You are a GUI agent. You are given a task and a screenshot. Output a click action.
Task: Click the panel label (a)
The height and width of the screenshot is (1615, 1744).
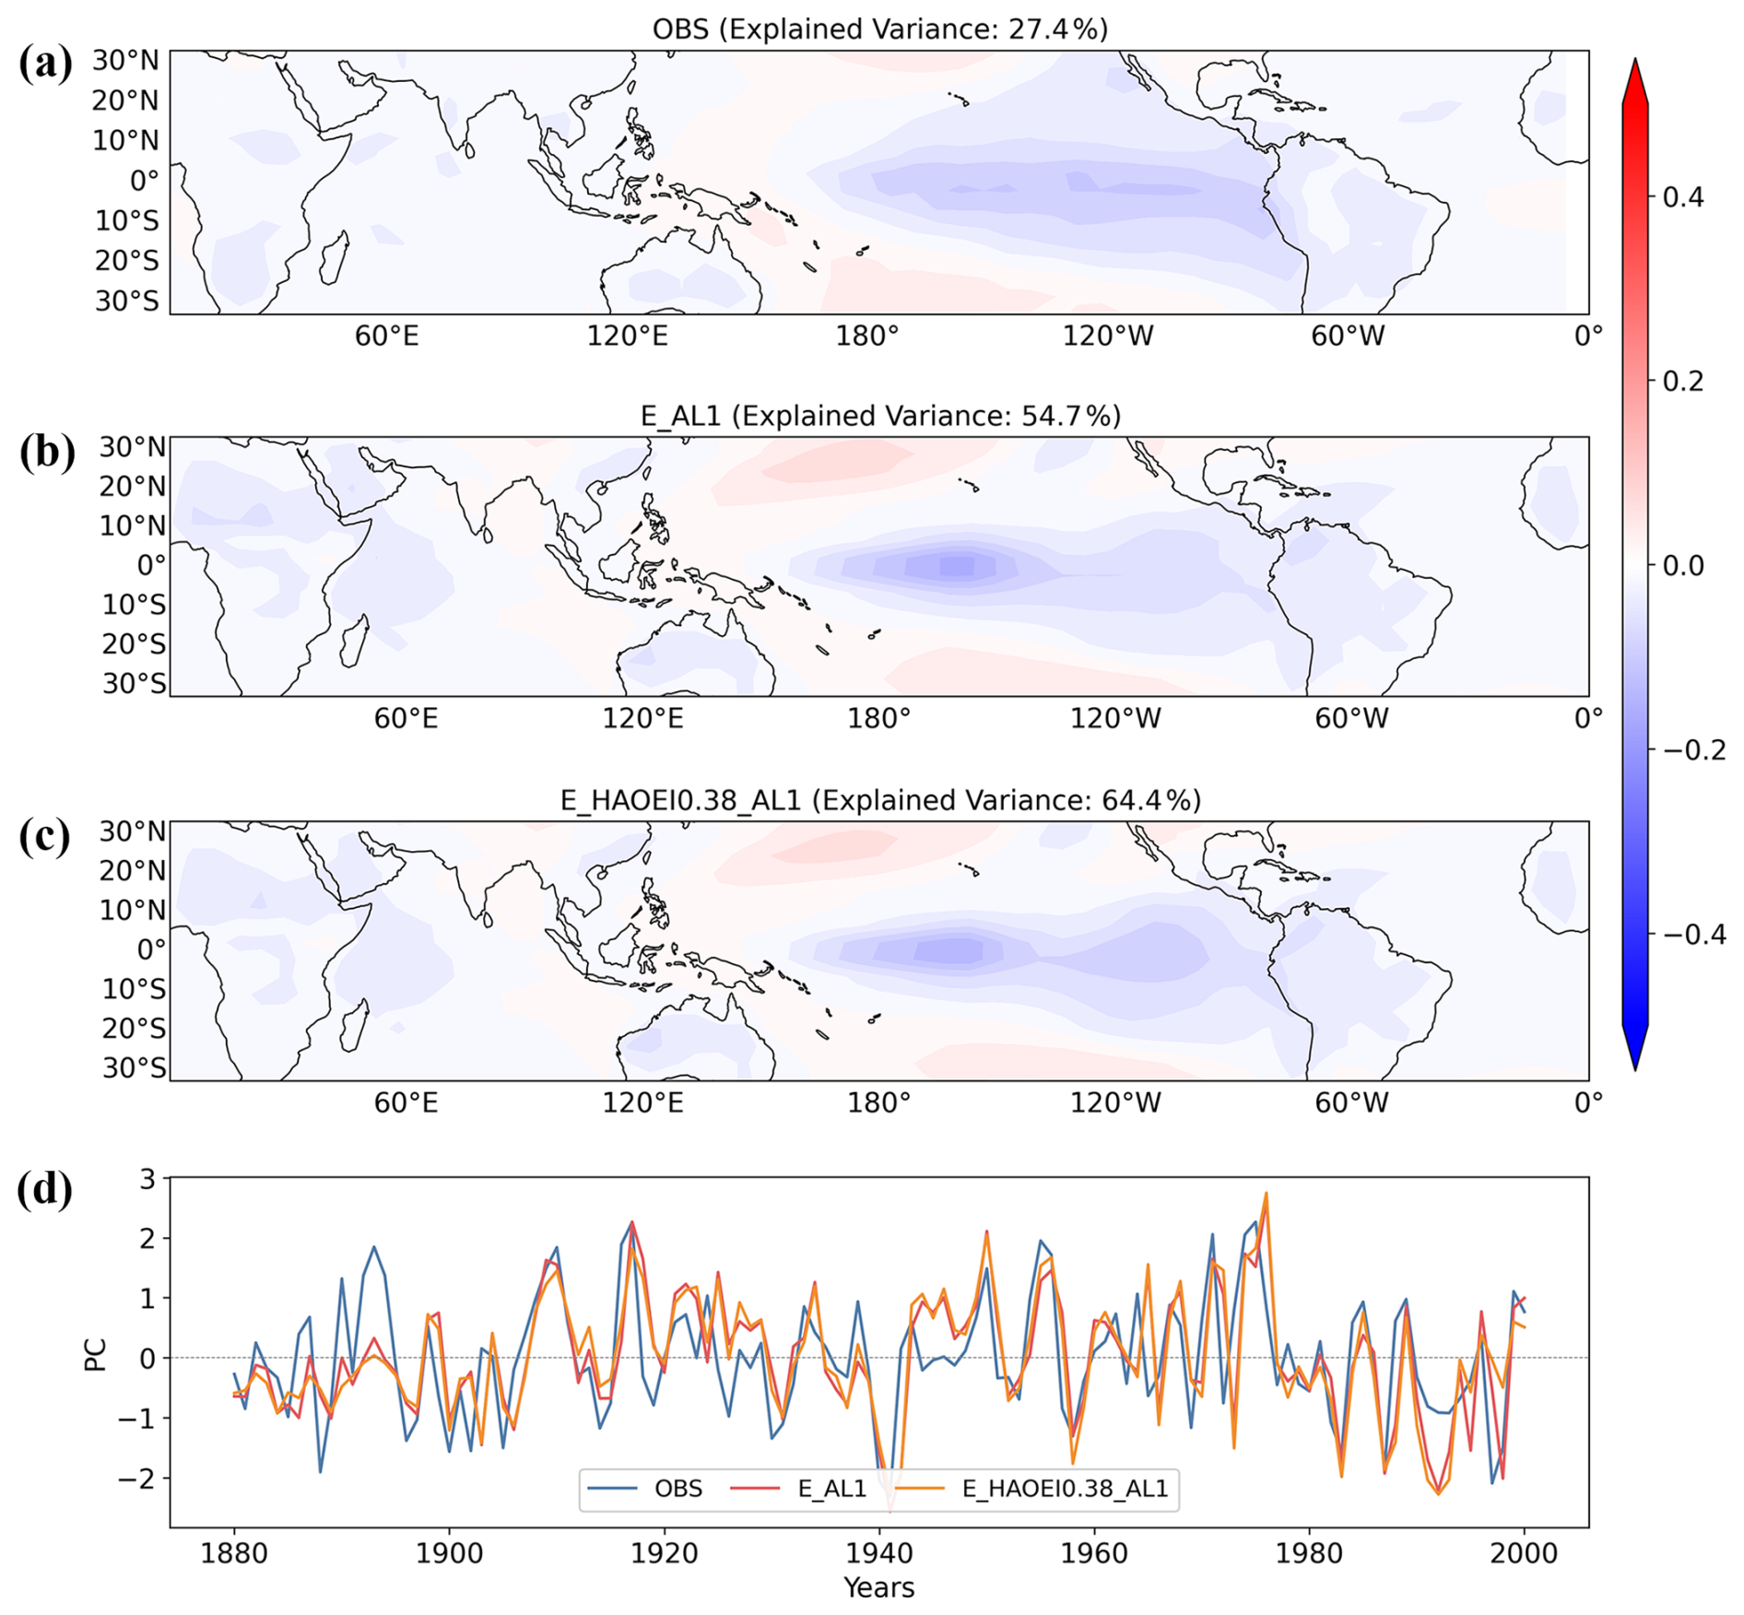[45, 65]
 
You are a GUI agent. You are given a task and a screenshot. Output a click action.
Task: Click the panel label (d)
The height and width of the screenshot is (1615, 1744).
[45, 1189]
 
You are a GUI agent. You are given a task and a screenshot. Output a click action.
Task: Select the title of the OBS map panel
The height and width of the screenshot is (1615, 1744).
[879, 29]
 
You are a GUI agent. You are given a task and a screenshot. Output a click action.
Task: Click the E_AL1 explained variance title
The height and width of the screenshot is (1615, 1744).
[880, 416]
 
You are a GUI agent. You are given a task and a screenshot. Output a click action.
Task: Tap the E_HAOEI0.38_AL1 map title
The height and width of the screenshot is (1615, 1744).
[880, 800]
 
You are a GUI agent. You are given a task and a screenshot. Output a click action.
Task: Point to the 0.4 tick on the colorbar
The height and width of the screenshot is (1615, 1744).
[1683, 196]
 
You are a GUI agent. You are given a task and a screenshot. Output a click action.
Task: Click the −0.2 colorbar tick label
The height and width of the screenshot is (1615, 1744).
[1694, 749]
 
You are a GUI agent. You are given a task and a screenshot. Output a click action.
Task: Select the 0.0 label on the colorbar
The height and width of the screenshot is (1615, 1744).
[1683, 565]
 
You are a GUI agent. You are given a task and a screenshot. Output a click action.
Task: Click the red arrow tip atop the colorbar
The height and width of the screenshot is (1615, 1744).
[1635, 60]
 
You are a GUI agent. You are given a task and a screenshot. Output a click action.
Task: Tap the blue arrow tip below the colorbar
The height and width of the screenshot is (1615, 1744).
[1635, 1069]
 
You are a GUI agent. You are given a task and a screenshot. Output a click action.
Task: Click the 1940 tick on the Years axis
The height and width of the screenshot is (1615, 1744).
[879, 1553]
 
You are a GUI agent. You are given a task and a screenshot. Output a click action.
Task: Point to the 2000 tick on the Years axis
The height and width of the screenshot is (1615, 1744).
[1524, 1553]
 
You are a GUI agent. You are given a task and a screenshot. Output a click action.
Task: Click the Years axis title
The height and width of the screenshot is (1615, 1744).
[879, 1587]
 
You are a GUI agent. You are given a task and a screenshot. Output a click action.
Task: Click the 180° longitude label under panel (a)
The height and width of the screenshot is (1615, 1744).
[866, 336]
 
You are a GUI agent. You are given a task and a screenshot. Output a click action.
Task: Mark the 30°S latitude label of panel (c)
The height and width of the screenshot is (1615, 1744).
[134, 1067]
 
